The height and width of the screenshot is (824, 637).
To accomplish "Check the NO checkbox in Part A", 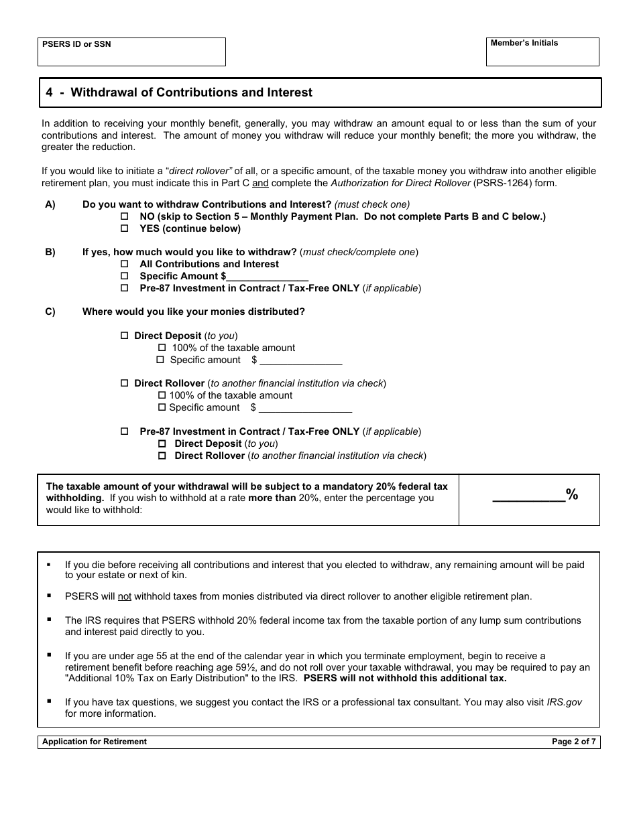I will [124, 216].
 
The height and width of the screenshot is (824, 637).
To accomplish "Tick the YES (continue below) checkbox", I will [124, 228].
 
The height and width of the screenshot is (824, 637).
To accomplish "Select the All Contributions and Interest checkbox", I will [124, 264].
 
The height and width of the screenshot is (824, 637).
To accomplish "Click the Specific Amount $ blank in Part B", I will [268, 276].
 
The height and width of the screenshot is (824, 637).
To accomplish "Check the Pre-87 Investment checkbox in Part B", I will [124, 288].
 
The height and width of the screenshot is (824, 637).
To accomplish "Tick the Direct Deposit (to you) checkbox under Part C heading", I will [124, 336].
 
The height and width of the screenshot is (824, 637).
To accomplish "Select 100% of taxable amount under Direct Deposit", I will [162, 348].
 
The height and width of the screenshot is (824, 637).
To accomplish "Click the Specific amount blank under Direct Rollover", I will [305, 407].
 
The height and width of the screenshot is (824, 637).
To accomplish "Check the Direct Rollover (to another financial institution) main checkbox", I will [124, 383].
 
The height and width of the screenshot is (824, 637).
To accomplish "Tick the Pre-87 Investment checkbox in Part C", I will [124, 431].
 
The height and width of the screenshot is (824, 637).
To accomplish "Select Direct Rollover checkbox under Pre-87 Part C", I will [162, 456].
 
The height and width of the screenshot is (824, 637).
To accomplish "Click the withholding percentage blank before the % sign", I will [528, 496].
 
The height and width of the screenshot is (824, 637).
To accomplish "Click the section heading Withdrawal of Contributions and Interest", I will [191, 92].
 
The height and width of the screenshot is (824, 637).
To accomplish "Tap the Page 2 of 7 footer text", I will [573, 742].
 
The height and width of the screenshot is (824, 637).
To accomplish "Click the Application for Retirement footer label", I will [95, 742].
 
